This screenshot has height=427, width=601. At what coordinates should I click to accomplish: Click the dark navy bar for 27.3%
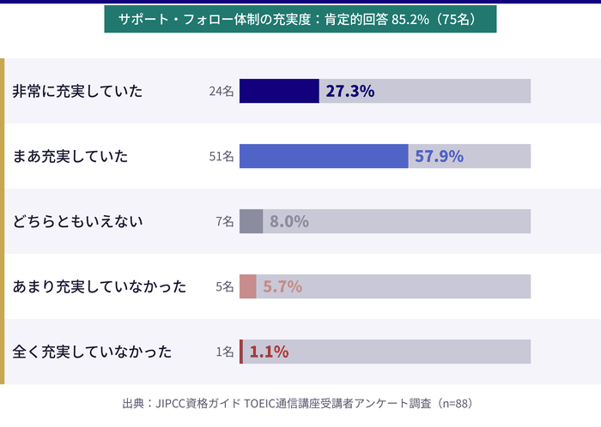(279, 91)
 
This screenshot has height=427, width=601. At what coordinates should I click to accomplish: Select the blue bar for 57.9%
(324, 156)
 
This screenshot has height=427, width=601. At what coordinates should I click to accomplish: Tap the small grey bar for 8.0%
(251, 221)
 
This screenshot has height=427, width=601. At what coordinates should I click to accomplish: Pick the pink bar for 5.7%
(247, 286)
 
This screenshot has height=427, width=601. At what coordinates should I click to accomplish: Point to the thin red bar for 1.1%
(241, 352)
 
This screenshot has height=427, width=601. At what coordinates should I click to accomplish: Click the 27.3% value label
(349, 91)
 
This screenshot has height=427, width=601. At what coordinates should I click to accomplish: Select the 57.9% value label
(439, 156)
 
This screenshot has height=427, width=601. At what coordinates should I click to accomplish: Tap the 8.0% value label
(288, 221)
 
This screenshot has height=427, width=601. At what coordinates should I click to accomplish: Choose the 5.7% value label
(282, 286)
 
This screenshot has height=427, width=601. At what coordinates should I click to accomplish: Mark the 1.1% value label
(269, 352)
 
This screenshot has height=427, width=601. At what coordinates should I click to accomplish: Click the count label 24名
(221, 91)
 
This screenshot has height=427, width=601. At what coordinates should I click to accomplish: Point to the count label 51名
(221, 156)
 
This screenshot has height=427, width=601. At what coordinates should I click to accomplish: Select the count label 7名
(224, 221)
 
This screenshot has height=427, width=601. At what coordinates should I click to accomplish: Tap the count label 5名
(224, 286)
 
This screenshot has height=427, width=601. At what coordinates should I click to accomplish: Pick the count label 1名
(224, 352)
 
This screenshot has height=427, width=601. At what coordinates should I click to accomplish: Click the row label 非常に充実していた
(77, 91)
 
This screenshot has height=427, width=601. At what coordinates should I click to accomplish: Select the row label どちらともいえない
(77, 221)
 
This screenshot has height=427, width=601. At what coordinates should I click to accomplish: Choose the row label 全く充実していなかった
(92, 352)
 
